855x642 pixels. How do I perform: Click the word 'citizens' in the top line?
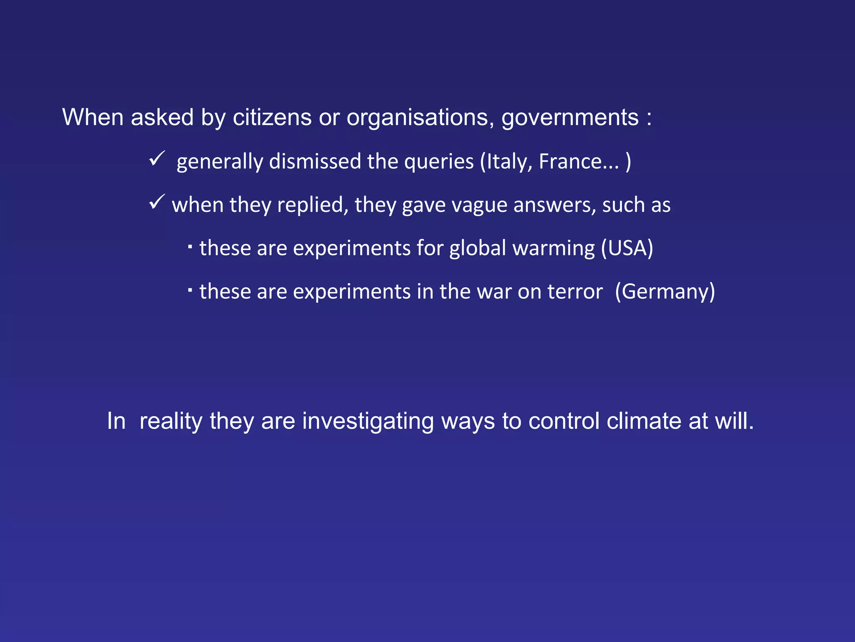(272, 117)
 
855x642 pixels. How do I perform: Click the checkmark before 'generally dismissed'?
(157, 159)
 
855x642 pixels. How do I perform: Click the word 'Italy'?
(506, 162)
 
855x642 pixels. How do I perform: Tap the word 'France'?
(569, 162)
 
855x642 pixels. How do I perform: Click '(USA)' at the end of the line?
(627, 248)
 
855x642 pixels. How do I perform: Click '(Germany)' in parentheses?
(665, 292)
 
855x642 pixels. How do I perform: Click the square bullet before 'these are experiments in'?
(190, 289)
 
